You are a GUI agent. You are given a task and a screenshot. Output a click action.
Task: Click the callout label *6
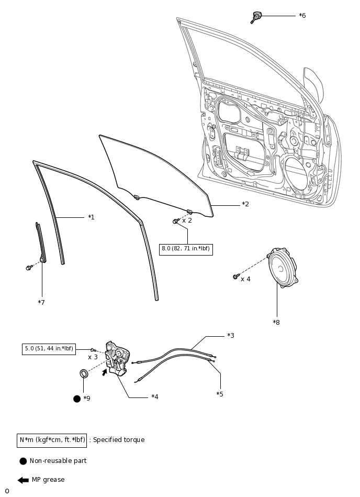[x=302, y=16]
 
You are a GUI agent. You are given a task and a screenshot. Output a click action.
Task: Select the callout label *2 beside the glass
[x=245, y=204]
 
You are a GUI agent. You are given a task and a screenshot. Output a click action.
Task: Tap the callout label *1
[x=91, y=217]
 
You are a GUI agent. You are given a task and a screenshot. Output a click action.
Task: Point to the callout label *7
[x=41, y=302]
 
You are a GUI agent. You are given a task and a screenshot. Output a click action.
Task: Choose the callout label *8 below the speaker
[x=276, y=322]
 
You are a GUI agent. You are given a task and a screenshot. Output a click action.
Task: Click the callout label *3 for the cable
[x=230, y=335]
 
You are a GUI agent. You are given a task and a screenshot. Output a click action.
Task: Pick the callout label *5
[x=220, y=394]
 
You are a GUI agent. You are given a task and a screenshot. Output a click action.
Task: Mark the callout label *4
[x=154, y=397]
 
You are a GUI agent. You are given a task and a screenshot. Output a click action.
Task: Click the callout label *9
[x=86, y=399]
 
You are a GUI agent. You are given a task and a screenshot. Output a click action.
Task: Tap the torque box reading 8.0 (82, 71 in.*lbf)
[x=186, y=249]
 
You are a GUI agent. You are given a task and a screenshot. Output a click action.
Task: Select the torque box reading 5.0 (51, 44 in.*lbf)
[x=49, y=349]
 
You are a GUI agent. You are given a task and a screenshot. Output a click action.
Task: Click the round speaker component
[x=283, y=269]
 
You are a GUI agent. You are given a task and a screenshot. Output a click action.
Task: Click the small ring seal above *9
[x=83, y=373]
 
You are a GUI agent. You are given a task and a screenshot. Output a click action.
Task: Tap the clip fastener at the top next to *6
[x=256, y=17]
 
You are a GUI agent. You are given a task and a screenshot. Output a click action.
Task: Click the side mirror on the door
[x=314, y=84]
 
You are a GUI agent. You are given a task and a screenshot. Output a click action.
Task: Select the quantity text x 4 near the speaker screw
[x=245, y=279]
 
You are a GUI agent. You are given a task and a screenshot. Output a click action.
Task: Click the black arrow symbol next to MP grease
[x=23, y=480]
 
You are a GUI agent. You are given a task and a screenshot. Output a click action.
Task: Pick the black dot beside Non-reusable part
[x=23, y=461]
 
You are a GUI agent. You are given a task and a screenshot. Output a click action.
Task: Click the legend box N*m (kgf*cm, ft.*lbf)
[x=52, y=440]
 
